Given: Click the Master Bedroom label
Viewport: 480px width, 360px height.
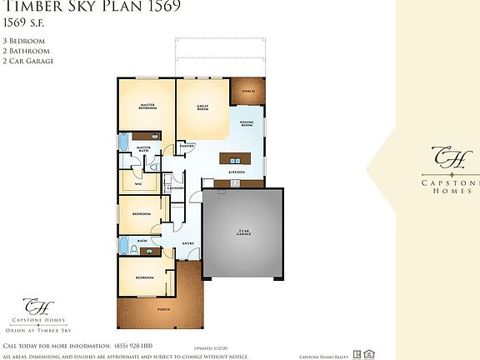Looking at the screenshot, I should (x=147, y=107).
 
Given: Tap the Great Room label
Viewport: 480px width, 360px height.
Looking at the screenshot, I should (x=202, y=107).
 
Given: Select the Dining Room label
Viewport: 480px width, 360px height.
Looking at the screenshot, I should (x=247, y=123).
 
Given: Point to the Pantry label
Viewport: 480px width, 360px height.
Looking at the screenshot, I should (x=187, y=146).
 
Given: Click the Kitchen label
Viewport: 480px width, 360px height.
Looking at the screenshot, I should (x=237, y=172).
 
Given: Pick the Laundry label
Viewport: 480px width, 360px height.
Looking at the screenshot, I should (x=175, y=188).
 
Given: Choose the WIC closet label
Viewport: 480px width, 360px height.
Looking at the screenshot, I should (x=127, y=184).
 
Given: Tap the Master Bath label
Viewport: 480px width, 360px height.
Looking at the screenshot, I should (x=143, y=149).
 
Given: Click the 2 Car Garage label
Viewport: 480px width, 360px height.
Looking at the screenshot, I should (x=243, y=233).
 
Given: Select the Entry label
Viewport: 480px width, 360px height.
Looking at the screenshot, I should (x=188, y=243).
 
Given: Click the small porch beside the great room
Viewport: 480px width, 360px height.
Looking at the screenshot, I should (x=247, y=92).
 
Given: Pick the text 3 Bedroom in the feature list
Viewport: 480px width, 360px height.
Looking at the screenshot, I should (x=24, y=40).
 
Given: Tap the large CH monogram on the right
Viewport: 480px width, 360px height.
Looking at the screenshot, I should (x=442, y=156).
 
